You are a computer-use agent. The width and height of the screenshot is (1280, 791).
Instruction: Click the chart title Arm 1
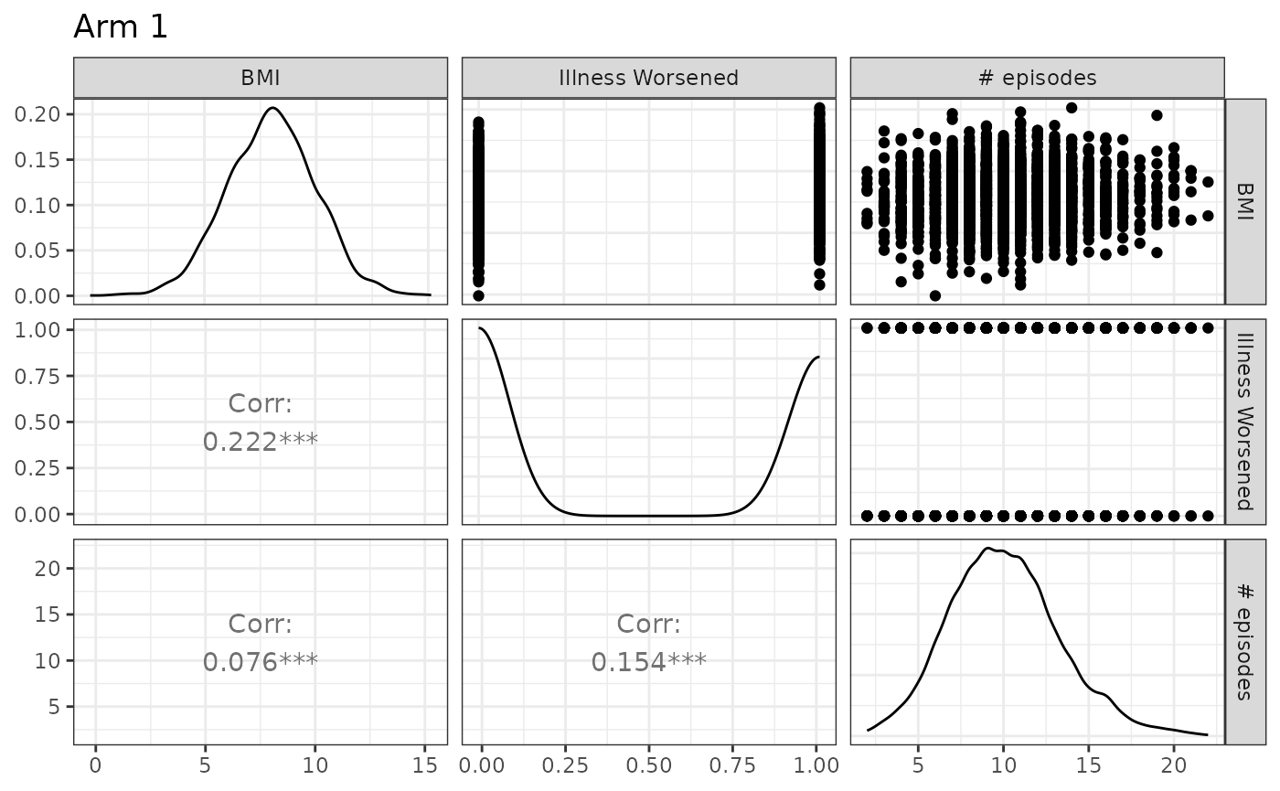pos(121,27)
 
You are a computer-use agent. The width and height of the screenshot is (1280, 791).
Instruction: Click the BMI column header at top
pos(260,79)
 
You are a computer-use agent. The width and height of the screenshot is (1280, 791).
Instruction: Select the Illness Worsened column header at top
pos(648,79)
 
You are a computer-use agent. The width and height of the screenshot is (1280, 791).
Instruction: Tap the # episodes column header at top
pos(1037,79)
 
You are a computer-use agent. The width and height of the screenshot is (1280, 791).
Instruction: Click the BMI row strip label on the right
pos(1244,201)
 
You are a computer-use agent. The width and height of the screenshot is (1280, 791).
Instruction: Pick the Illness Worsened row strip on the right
pos(1244,422)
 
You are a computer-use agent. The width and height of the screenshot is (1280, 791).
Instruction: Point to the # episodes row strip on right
pos(1244,642)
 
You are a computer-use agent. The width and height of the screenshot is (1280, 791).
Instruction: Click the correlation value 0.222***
pos(260,442)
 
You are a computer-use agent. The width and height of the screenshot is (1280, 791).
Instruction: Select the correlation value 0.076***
pos(260,661)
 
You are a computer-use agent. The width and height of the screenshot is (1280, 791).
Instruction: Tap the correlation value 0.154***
pos(648,661)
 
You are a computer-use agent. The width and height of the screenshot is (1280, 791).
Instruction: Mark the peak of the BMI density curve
pos(272,108)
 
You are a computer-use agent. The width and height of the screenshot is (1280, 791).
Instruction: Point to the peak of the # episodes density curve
pos(987,549)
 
